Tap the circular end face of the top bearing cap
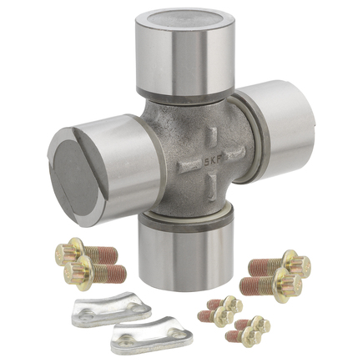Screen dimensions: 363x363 (185, 19)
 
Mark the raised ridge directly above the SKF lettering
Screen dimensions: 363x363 (213, 139)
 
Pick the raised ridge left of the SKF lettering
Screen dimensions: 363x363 (189, 166)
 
